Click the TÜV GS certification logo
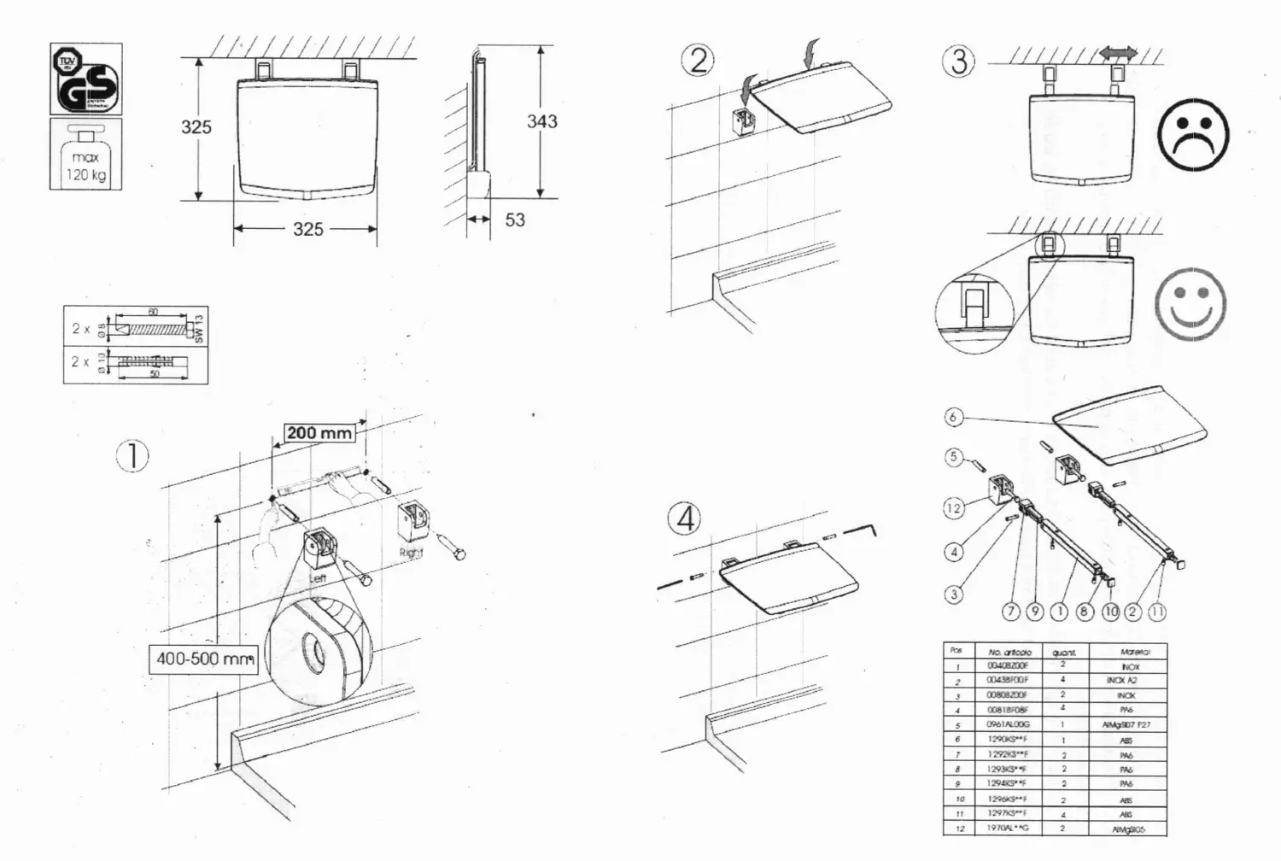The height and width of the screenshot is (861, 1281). click(x=85, y=79)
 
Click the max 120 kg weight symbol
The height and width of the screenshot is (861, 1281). click(x=85, y=155)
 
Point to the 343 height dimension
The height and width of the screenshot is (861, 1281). click(x=542, y=121)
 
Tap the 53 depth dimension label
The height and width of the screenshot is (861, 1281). click(x=515, y=220)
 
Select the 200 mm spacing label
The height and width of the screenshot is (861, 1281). click(x=319, y=433)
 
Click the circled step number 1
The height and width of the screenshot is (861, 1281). click(x=132, y=456)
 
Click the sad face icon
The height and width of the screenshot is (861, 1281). click(x=1192, y=136)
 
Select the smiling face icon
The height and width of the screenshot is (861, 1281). click(x=1190, y=304)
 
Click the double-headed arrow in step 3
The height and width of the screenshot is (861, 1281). click(x=1118, y=54)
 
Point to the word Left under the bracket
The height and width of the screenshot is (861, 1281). click(x=318, y=578)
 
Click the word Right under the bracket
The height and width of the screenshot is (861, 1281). click(x=412, y=553)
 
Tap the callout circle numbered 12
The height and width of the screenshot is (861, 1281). click(x=954, y=508)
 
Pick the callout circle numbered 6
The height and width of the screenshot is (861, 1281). click(x=954, y=418)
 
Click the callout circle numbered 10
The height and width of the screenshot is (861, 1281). click(x=1111, y=612)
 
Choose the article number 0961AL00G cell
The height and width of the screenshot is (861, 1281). click(x=1008, y=725)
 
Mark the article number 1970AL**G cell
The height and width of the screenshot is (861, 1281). click(x=1008, y=829)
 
